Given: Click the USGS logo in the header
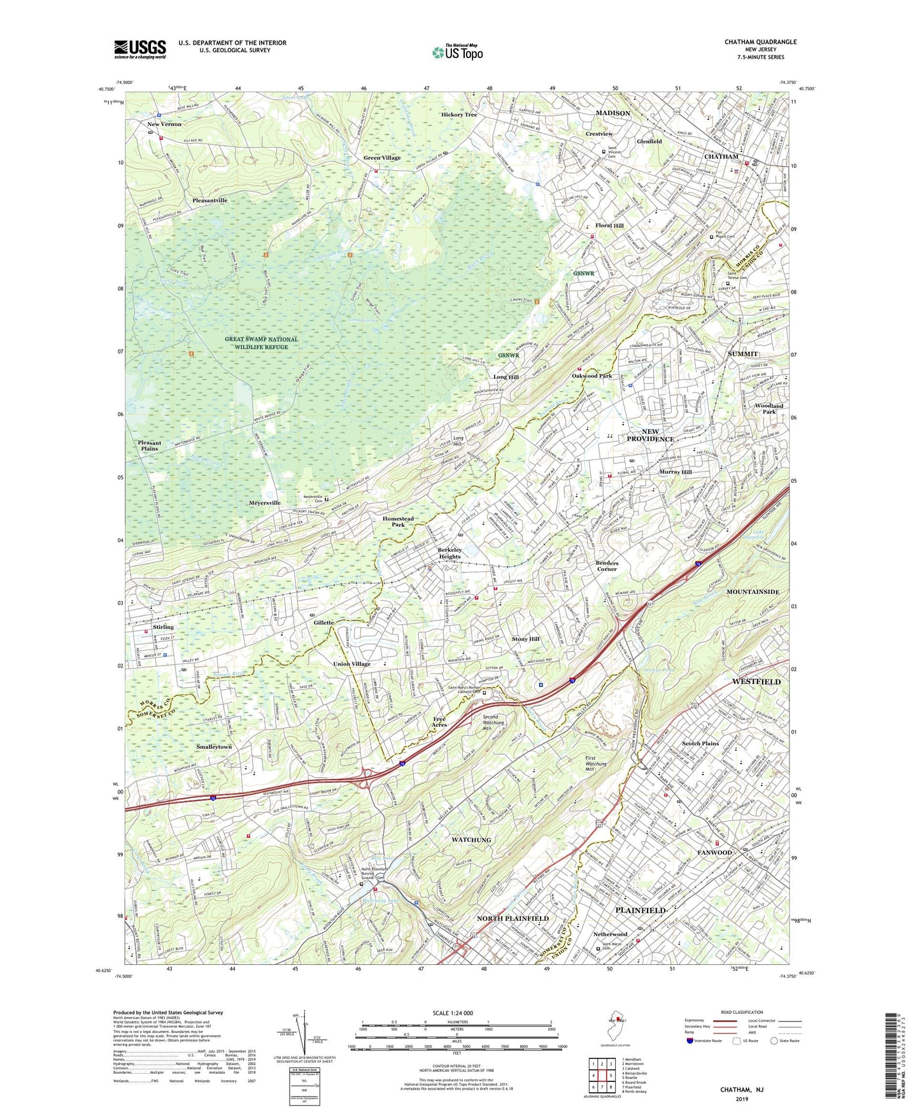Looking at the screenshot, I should tap(140, 48).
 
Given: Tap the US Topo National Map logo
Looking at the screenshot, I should tap(457, 52).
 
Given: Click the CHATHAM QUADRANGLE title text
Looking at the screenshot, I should tap(760, 42).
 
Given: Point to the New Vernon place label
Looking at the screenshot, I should tap(164, 124).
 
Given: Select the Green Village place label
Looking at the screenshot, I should tap(382, 158).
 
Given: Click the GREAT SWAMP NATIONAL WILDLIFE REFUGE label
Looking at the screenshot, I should tap(261, 343).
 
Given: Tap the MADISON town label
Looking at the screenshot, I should tap(612, 113).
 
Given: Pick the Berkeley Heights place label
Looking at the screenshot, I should tap(449, 553).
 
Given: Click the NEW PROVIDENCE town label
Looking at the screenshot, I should tap(650, 435).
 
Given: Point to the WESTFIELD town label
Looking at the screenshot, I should tap(756, 681).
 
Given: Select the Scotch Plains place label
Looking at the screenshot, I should tap(700, 743).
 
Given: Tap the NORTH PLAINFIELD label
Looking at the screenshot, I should tap(513, 918).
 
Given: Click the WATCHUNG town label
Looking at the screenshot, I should tap(471, 839).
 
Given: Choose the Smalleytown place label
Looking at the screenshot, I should tap(214, 746).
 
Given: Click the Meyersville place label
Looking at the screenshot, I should tap(265, 503).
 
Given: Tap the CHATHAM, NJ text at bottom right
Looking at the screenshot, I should tap(741, 1090).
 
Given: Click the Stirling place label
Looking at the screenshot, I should tap(163, 627).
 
